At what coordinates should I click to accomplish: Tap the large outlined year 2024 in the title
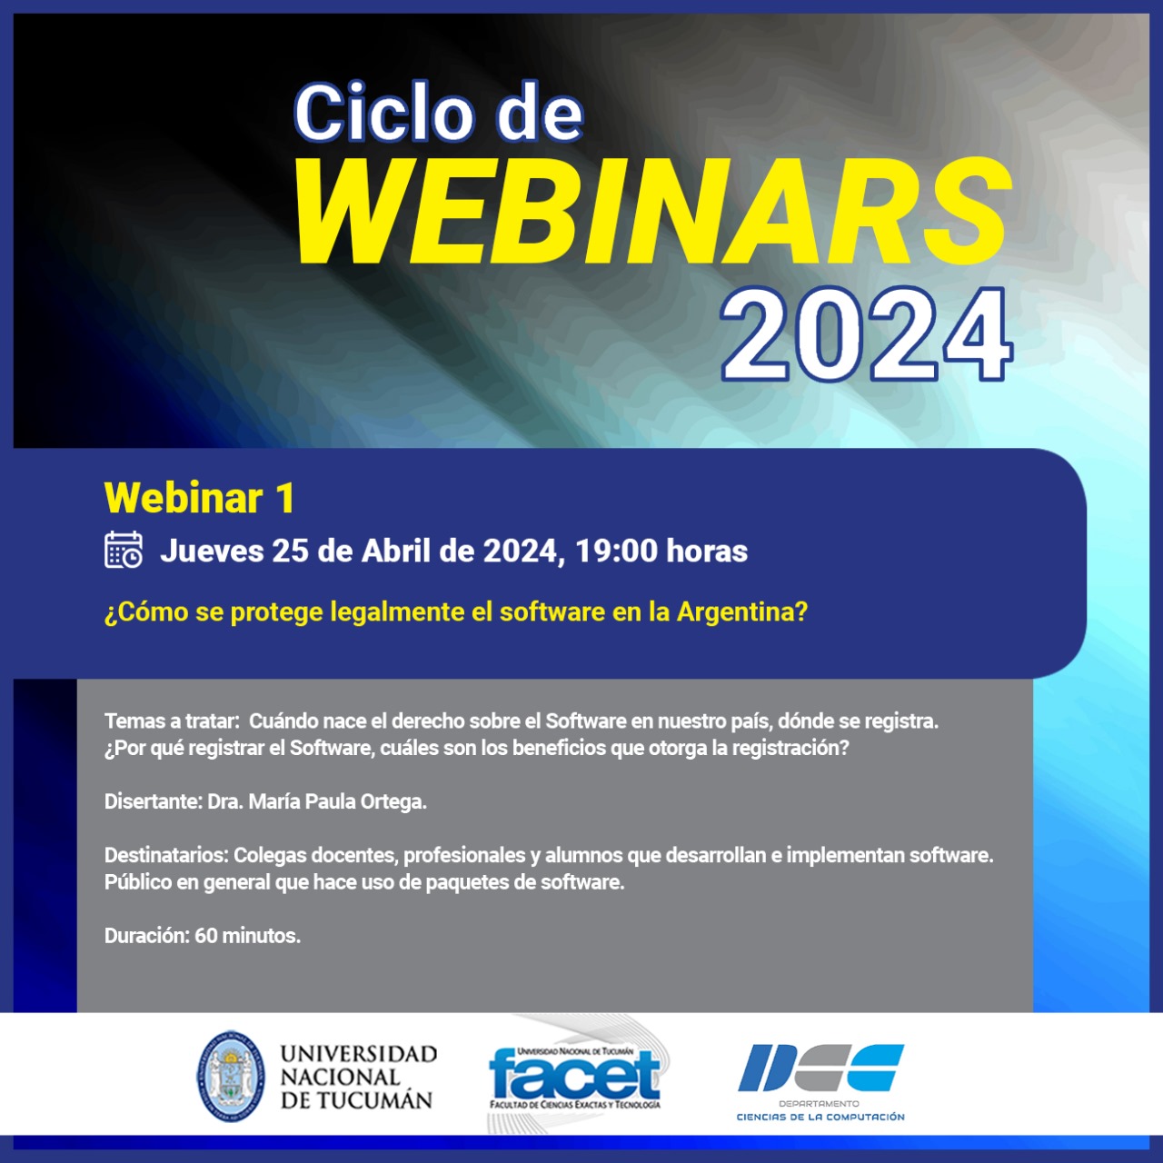tap(867, 334)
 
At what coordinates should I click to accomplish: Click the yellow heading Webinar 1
tap(200, 498)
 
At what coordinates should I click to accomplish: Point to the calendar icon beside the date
tap(124, 550)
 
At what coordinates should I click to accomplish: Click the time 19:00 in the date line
tap(616, 551)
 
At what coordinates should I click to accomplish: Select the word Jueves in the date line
tap(212, 551)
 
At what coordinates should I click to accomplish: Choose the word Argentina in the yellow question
tap(741, 612)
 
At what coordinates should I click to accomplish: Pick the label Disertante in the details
tap(153, 801)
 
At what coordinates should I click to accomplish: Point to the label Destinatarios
tap(166, 855)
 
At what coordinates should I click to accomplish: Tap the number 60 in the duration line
tap(206, 936)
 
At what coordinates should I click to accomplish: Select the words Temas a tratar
tap(172, 721)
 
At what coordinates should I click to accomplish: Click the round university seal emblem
tap(231, 1077)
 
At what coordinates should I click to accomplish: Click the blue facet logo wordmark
tap(574, 1075)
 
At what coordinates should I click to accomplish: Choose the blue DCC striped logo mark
tap(820, 1068)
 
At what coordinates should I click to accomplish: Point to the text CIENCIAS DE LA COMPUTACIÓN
tap(820, 1118)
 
